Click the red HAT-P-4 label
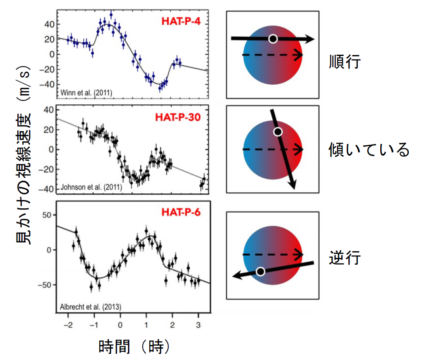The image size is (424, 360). pyautogui.click(x=181, y=21)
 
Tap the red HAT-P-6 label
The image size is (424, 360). pyautogui.click(x=181, y=212)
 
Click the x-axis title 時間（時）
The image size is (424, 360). pyautogui.click(x=134, y=347)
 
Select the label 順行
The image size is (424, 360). pyautogui.click(x=345, y=62)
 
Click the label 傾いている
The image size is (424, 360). pyautogui.click(x=369, y=150)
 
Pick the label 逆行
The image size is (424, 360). pyautogui.click(x=345, y=258)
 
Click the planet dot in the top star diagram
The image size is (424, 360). pyautogui.click(x=273, y=39)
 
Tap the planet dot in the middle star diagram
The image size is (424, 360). pyautogui.click(x=278, y=132)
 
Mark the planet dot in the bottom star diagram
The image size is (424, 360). pyautogui.click(x=260, y=271)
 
